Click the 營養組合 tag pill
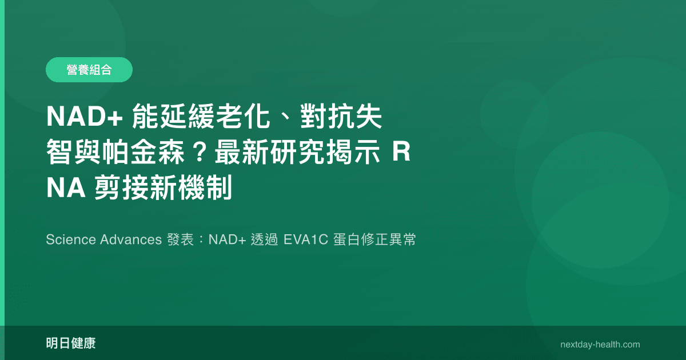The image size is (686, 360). click(x=89, y=70)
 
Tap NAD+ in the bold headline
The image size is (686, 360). click(x=85, y=118)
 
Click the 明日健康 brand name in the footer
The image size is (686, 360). click(x=71, y=343)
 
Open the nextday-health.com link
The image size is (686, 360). click(x=600, y=345)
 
